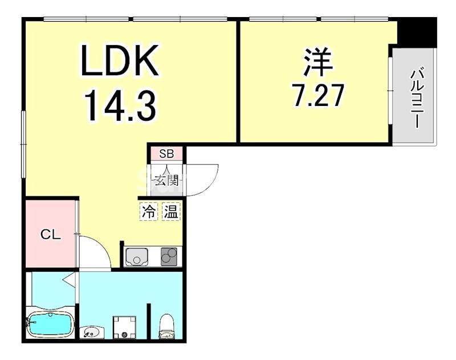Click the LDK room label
click(x=120, y=60)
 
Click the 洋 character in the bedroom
click(x=317, y=61)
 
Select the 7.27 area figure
click(x=318, y=95)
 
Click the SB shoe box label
click(x=166, y=153)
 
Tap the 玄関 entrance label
click(x=166, y=181)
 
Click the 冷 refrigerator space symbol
click(x=149, y=212)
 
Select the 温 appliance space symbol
click(x=171, y=212)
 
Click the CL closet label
click(x=51, y=234)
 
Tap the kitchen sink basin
click(x=137, y=256)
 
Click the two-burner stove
click(x=169, y=256)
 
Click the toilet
click(x=166, y=325)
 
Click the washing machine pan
click(x=125, y=327)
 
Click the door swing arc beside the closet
click(x=100, y=246)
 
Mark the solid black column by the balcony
click(x=417, y=31)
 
